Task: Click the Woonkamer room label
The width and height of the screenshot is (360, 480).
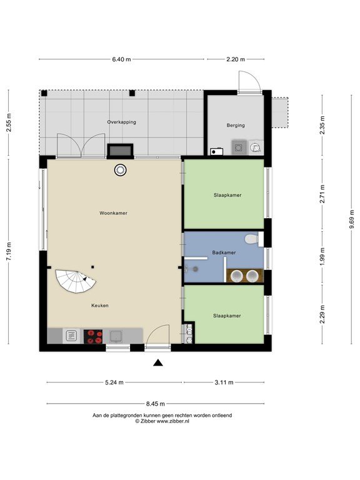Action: click(x=113, y=213)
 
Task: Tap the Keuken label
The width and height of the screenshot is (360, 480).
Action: click(x=100, y=306)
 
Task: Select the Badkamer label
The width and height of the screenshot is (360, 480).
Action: click(x=224, y=252)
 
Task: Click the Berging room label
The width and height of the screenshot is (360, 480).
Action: click(x=236, y=125)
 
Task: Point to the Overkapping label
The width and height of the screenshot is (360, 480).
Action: click(x=121, y=122)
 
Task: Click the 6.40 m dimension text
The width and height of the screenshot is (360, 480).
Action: click(x=121, y=59)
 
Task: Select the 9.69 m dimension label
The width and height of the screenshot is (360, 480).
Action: click(x=352, y=219)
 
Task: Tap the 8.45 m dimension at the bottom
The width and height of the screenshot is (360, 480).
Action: click(x=156, y=404)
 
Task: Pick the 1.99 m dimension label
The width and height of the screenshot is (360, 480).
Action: click(x=322, y=256)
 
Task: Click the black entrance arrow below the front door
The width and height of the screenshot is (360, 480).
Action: click(x=158, y=363)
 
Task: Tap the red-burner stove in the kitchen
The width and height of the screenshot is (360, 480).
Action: click(x=93, y=336)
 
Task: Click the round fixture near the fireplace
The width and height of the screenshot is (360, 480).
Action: click(x=120, y=170)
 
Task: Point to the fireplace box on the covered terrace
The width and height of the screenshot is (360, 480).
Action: click(x=120, y=151)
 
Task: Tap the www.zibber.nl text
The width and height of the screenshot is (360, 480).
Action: click(x=173, y=421)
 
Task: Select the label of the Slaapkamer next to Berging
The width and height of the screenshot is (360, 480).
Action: click(x=227, y=195)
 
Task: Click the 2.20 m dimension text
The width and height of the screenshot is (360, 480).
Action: click(x=236, y=59)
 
